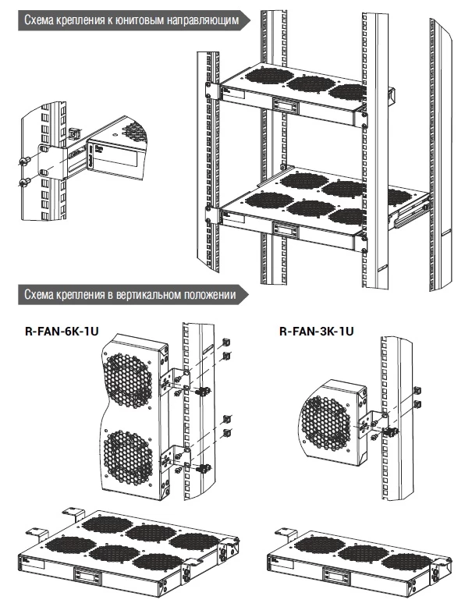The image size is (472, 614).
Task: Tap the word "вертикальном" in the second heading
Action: [147, 294]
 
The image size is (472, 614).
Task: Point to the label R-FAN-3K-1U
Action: [317, 331]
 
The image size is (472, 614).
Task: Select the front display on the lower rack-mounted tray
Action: [286, 229]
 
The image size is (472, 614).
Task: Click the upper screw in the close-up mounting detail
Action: [23, 161]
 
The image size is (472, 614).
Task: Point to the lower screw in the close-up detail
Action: [23, 184]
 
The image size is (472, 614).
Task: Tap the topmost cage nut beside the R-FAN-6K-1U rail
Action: [225, 341]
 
